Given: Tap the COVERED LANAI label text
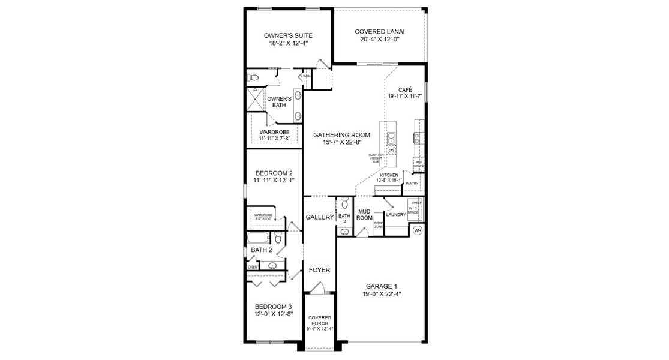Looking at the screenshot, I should pyautogui.click(x=377, y=31).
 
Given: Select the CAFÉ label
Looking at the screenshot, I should pyautogui.click(x=405, y=89).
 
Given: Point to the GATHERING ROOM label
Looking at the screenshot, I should pyautogui.click(x=341, y=135).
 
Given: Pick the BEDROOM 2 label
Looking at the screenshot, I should pyautogui.click(x=274, y=173).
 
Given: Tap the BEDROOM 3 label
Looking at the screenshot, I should pyautogui.click(x=273, y=307).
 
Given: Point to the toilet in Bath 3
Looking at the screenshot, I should pyautogui.click(x=344, y=202).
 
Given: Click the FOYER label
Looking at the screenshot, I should pyautogui.click(x=319, y=270).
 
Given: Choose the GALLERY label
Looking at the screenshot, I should pyautogui.click(x=319, y=217).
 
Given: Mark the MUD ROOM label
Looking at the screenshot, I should pyautogui.click(x=364, y=215).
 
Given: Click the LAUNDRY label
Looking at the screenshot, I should pyautogui.click(x=395, y=214).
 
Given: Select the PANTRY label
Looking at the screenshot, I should pyautogui.click(x=412, y=184).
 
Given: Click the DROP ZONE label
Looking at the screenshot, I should pyautogui.click(x=379, y=226).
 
